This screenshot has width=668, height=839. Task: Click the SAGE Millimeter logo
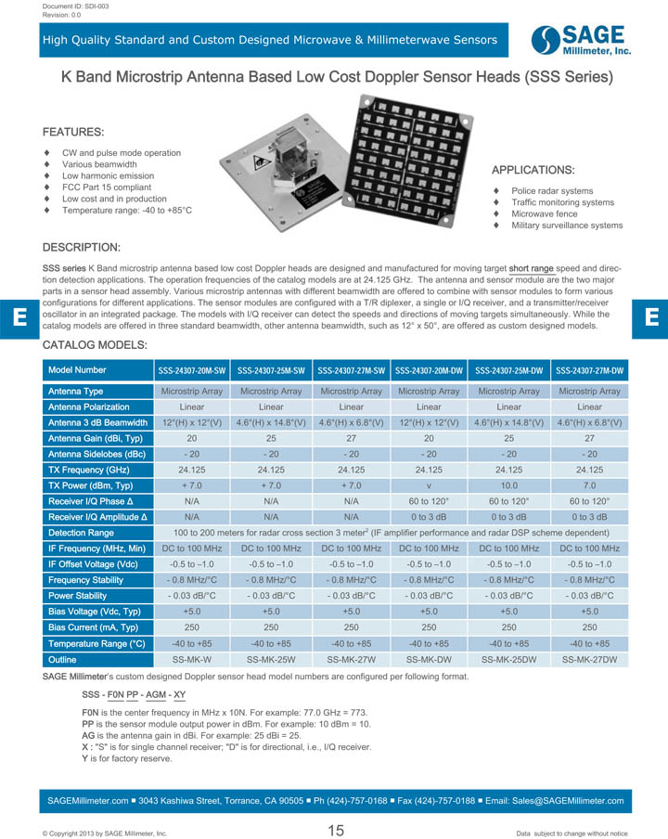[x=582, y=41]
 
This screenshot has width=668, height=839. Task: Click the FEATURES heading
[x=73, y=133]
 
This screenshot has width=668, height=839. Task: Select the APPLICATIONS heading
[x=533, y=171]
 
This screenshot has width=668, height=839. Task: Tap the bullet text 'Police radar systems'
[x=552, y=191]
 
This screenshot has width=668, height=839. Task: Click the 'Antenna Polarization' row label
[x=89, y=407]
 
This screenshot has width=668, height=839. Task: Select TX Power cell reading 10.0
[x=509, y=485]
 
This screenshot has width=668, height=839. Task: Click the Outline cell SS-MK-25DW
[x=509, y=659]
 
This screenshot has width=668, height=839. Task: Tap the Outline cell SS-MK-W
[x=191, y=659]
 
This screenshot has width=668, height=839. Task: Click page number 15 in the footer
[x=335, y=830]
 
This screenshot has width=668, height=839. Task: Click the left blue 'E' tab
[x=19, y=316]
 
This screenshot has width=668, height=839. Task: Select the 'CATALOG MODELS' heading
[x=96, y=345]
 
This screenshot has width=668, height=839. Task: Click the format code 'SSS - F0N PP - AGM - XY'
[x=134, y=694]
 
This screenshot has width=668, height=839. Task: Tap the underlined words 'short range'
[x=531, y=269]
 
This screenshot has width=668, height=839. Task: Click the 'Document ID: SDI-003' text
[x=76, y=6]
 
